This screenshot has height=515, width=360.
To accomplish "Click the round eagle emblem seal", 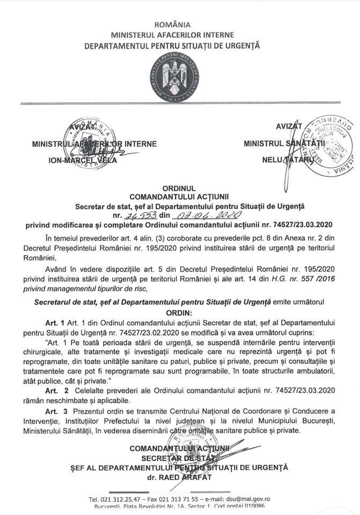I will click(179, 79).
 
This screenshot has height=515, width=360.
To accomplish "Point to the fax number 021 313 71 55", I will click(177, 499).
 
